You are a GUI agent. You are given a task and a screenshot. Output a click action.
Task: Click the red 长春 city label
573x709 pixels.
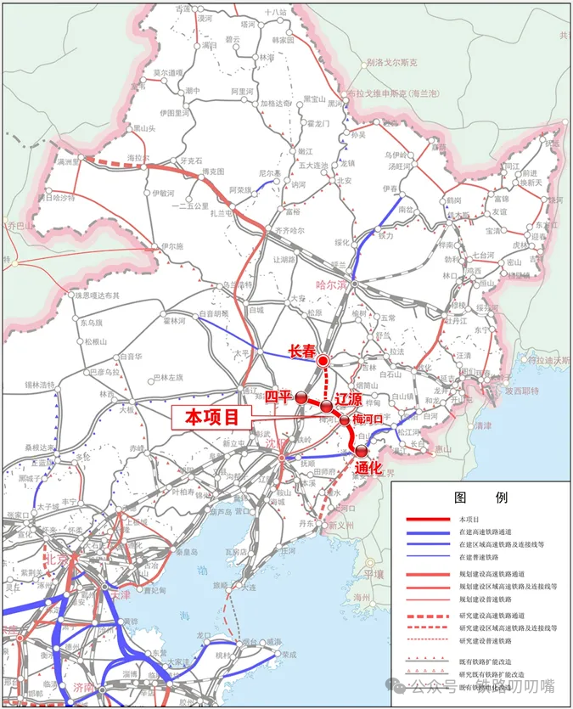tap(302, 350)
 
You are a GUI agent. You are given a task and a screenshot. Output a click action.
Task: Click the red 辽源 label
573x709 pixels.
tap(350, 398)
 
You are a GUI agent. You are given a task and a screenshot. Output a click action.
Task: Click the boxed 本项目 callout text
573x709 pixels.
tap(213, 417)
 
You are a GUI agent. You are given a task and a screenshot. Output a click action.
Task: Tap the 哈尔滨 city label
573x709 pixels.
tap(330, 285)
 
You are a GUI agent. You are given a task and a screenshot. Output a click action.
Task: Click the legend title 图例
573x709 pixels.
tap(480, 498)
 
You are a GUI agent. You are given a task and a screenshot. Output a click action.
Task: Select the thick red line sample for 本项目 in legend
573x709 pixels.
tap(427, 519)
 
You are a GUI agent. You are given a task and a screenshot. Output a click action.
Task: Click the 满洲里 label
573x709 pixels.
tap(65, 160)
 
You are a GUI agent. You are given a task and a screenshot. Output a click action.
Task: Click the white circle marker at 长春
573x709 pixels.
tap(323, 361)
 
